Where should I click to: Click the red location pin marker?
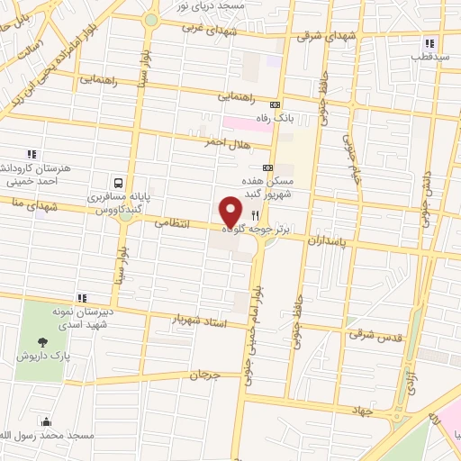[231, 212]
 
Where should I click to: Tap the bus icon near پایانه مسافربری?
[118, 182]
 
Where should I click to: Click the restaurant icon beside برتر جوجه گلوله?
[255, 215]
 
